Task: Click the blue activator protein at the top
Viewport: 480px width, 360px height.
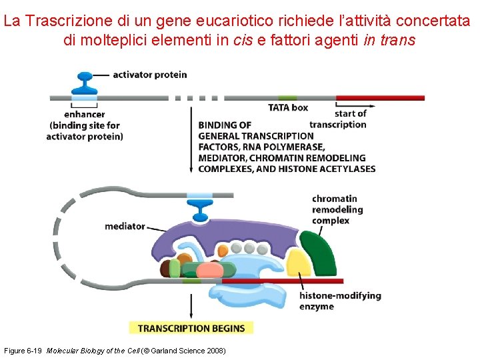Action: click(x=84, y=83)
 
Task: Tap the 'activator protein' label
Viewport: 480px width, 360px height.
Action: click(x=149, y=75)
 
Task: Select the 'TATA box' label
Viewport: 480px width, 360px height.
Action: click(x=288, y=107)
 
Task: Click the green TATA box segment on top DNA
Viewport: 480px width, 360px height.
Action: click(x=288, y=98)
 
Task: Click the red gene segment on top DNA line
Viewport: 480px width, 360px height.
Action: click(x=380, y=98)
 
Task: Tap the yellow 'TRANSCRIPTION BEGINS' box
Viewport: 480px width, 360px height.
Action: click(x=191, y=328)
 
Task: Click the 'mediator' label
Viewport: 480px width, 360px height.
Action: click(x=125, y=226)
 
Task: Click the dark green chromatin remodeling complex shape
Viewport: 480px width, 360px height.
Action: click(x=319, y=253)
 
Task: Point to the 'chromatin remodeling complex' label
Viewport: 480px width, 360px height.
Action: click(x=337, y=209)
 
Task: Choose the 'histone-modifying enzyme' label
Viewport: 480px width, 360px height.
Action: click(x=339, y=301)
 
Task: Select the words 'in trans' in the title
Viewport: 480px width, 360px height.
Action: click(x=389, y=40)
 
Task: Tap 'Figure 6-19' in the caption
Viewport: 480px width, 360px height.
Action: click(x=24, y=351)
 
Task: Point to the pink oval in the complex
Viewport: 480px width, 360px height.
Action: click(x=210, y=270)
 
